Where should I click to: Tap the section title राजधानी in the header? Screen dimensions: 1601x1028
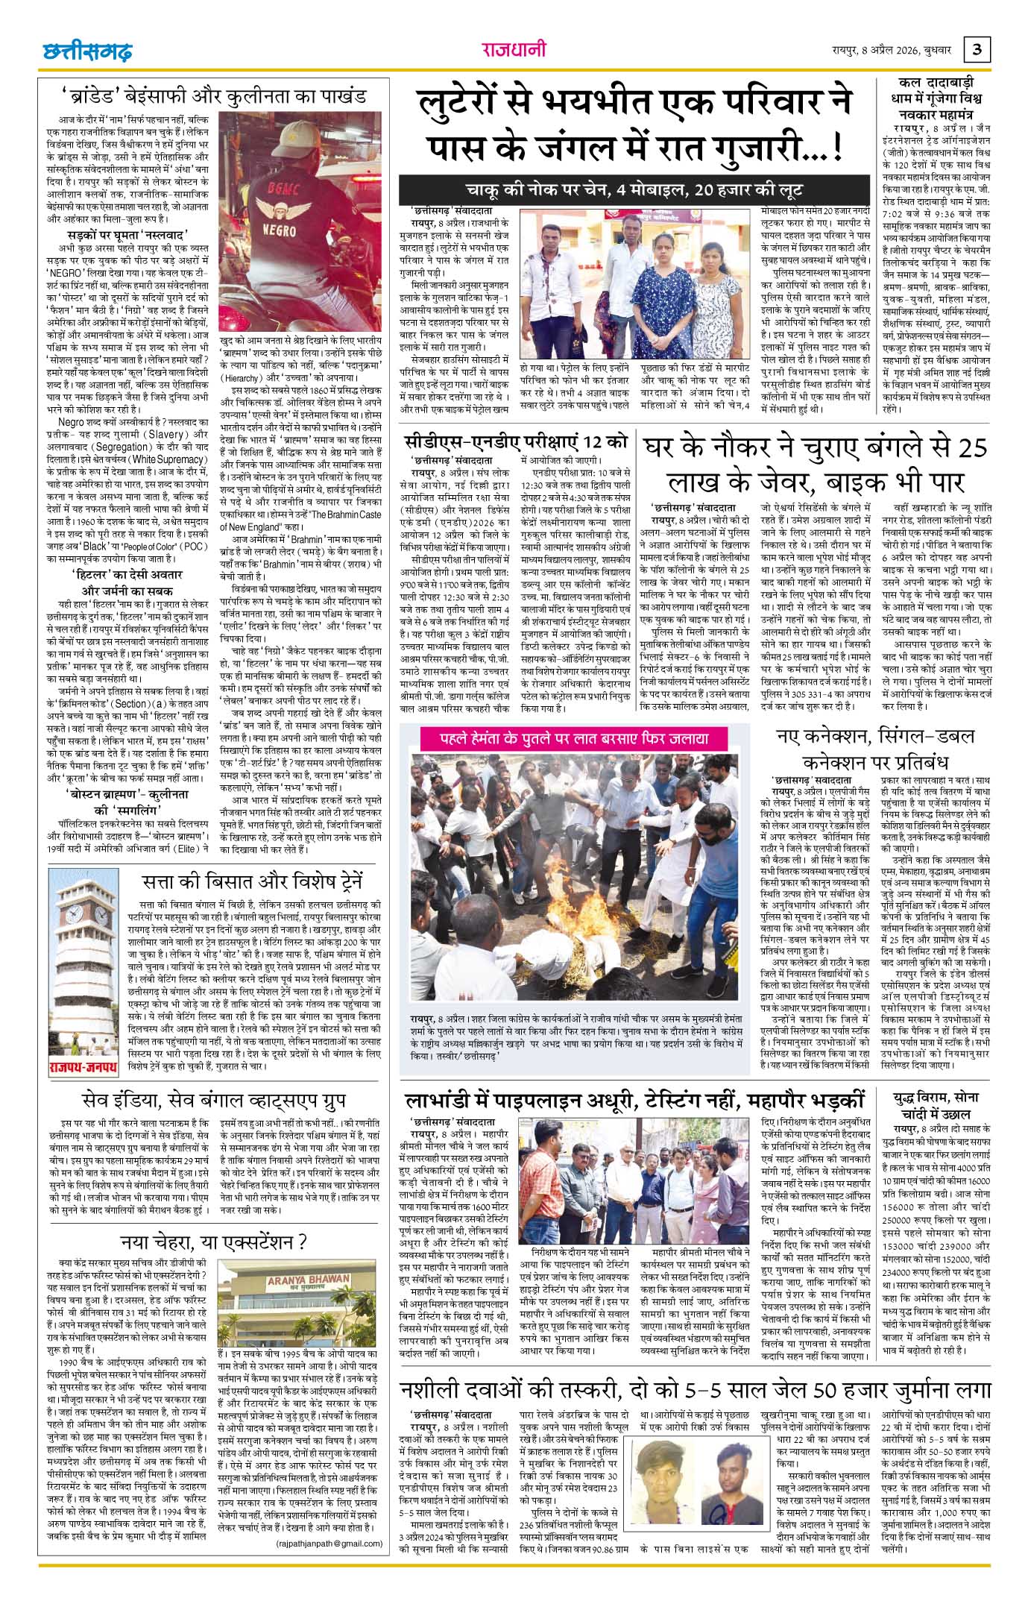(514, 50)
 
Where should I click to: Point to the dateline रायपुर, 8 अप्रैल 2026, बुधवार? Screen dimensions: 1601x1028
(892, 51)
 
